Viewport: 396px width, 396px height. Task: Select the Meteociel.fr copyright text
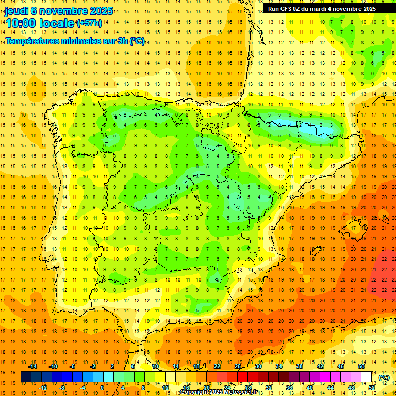(x=219, y=392)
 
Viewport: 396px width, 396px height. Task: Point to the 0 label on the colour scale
(x=102, y=387)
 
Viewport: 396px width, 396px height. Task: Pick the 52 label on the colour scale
(x=372, y=387)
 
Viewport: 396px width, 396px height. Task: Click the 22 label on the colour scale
(x=217, y=366)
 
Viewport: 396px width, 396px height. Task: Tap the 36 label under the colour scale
(x=289, y=387)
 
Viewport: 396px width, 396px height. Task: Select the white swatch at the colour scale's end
(x=366, y=377)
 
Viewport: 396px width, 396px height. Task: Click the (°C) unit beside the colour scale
(x=384, y=377)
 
